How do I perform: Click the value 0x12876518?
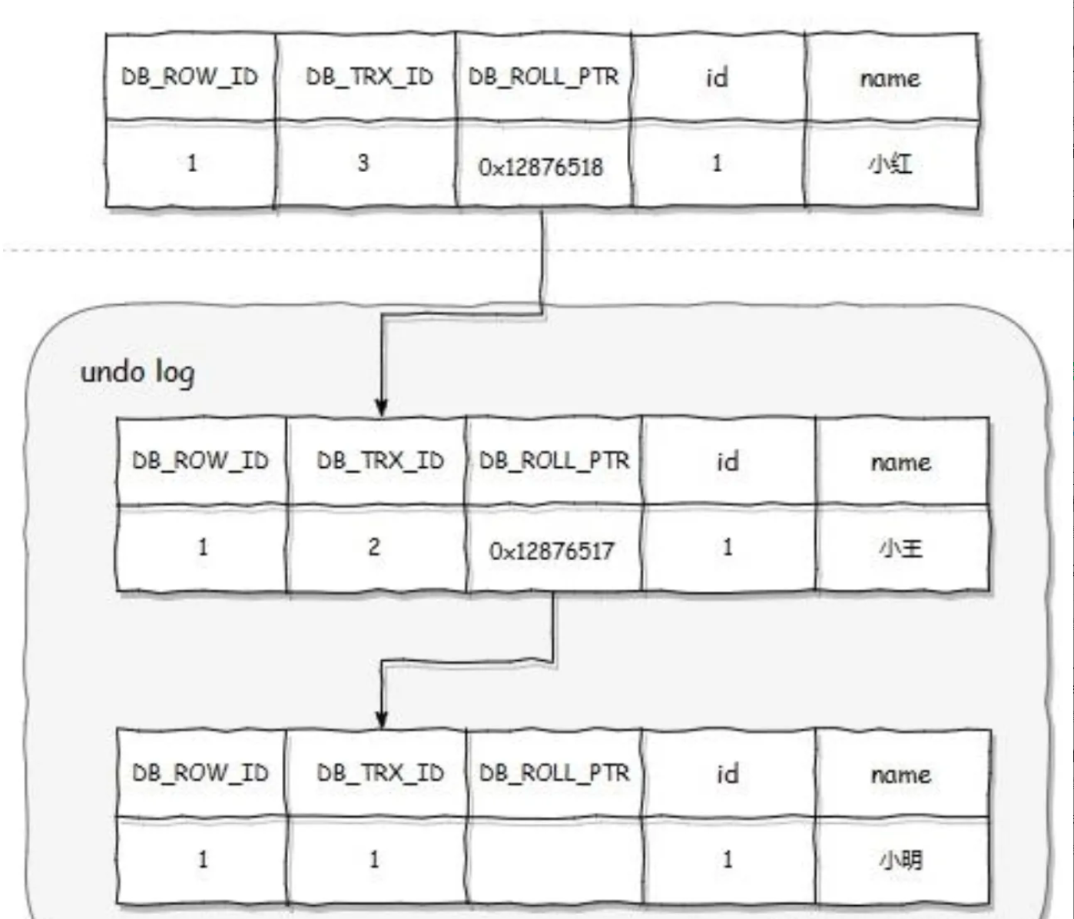click(x=541, y=167)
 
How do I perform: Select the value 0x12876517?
click(x=552, y=551)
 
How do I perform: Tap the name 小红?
click(x=891, y=164)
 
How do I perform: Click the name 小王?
click(x=901, y=549)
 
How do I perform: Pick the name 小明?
click(x=901, y=859)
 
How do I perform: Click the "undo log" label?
click(x=138, y=373)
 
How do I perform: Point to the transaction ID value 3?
click(x=363, y=163)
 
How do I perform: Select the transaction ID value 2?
click(x=374, y=547)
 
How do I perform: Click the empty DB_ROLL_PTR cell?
click(x=553, y=860)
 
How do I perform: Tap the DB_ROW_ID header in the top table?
click(x=190, y=77)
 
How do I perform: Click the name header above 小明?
click(x=901, y=774)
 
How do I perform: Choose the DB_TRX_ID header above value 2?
click(x=380, y=461)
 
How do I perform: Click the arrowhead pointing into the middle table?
click(x=382, y=408)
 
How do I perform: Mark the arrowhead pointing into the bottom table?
click(x=382, y=719)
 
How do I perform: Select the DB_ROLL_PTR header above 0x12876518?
click(x=543, y=77)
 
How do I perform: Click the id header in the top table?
click(x=717, y=77)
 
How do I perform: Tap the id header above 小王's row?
click(x=728, y=462)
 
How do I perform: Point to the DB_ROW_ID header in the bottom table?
click(x=201, y=773)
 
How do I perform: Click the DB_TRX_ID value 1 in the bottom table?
click(x=374, y=859)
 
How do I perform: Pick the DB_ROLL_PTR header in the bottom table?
click(x=554, y=773)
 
